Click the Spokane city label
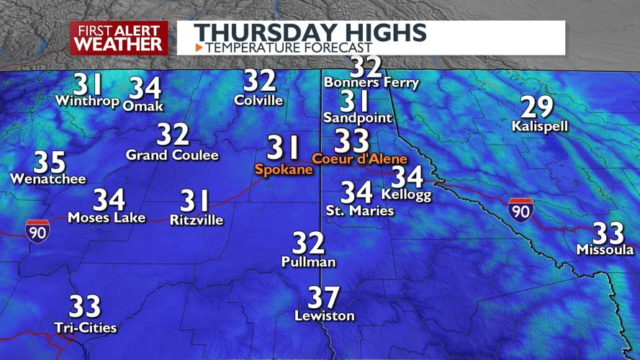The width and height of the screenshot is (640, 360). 284,170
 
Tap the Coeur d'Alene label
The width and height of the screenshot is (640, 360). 359,158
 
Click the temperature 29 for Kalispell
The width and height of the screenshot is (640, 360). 537,108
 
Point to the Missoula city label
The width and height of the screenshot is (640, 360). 605,250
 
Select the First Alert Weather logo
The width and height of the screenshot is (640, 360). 119,37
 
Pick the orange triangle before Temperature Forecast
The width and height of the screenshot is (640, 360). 199,48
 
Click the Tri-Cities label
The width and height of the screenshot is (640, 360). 85,328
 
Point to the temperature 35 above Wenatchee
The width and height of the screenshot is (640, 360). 50,162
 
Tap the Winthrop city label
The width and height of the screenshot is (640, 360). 87,101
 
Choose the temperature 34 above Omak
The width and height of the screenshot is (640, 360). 145,88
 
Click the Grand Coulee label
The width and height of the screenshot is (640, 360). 172,155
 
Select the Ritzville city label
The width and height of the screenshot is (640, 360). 197,220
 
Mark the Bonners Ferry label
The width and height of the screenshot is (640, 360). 371,83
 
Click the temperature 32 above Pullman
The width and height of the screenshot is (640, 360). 308,243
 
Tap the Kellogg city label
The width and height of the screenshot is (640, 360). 406,194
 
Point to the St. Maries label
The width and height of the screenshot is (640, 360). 360,211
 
